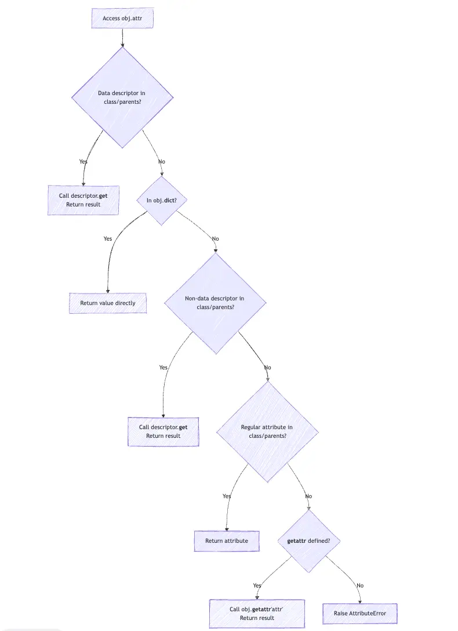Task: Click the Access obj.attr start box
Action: [122, 18]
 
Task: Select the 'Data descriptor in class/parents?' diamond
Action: [122, 97]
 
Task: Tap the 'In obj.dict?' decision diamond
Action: [162, 200]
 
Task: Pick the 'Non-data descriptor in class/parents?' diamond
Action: [215, 303]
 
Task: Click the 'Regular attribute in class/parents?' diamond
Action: [267, 431]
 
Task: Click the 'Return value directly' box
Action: [108, 303]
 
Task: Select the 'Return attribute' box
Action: [226, 541]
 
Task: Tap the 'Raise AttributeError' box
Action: [360, 613]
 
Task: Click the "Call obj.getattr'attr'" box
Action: [257, 613]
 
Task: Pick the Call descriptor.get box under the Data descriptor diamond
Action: [83, 200]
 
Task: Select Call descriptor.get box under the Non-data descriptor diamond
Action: [163, 431]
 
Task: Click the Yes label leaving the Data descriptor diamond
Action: [83, 161]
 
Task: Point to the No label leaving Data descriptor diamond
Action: [162, 161]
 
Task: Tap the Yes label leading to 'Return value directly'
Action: [108, 238]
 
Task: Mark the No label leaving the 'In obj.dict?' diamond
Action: [215, 238]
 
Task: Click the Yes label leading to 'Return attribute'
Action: [227, 496]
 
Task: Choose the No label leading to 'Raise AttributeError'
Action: [360, 585]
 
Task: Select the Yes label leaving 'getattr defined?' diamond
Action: [257, 585]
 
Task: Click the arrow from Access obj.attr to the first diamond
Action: [122, 37]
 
